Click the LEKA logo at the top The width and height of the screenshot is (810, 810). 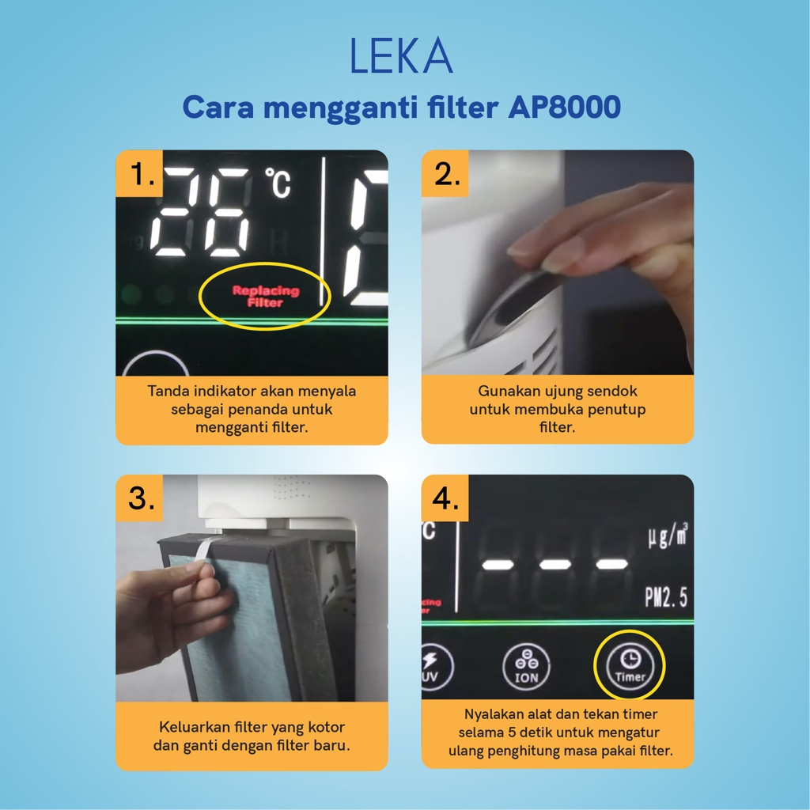point(401,57)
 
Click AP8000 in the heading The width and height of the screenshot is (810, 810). point(564,108)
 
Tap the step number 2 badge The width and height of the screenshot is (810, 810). point(447,174)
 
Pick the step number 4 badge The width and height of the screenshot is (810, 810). point(446,499)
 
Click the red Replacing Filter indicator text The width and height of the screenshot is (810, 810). point(266,296)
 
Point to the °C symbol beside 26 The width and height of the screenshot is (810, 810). point(278,183)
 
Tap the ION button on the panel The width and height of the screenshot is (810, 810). point(526,667)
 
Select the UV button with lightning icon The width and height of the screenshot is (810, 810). point(435,667)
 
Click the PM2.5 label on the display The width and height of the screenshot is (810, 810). point(666,597)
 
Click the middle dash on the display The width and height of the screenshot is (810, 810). point(555,564)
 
